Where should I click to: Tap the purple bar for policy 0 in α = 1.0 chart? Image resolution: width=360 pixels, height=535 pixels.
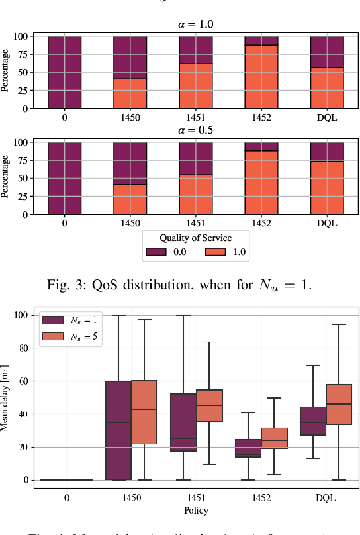[64, 72]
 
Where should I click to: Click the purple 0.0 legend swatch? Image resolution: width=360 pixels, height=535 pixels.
[156, 252]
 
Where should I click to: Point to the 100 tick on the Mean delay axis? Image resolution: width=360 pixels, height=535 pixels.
[24, 315]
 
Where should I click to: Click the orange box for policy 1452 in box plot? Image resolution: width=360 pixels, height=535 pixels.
[274, 438]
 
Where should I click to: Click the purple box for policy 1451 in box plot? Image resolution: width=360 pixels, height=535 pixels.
[183, 422]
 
